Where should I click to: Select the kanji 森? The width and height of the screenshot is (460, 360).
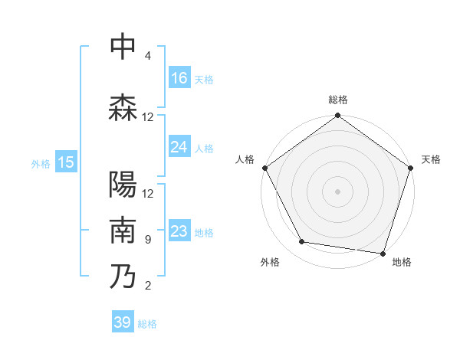(x=123, y=108)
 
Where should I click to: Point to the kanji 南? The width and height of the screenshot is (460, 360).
(x=123, y=230)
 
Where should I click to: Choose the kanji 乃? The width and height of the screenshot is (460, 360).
(x=123, y=277)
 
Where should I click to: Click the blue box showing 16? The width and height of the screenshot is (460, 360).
(x=179, y=78)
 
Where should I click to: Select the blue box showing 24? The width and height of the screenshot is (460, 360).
(x=179, y=147)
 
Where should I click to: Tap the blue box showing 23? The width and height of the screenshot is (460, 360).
(x=179, y=231)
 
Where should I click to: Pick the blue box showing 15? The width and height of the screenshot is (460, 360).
(x=65, y=162)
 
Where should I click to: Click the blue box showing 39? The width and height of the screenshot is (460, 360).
(x=123, y=322)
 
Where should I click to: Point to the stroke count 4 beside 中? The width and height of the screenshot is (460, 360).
(x=147, y=56)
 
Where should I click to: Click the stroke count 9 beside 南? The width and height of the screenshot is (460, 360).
(x=147, y=240)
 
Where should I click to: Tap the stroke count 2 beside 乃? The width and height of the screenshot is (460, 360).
(x=147, y=286)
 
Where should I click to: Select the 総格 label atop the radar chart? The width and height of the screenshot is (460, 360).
(x=337, y=100)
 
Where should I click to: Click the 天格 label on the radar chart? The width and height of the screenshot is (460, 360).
(x=431, y=159)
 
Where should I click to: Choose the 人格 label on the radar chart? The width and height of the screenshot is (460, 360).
(x=245, y=159)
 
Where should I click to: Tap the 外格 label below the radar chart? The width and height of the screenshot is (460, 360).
(x=270, y=262)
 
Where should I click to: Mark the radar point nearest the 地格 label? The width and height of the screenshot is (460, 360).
(x=383, y=253)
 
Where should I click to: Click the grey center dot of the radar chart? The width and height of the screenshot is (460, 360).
(x=337, y=191)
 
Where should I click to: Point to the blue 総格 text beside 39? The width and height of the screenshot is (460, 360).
(x=147, y=324)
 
